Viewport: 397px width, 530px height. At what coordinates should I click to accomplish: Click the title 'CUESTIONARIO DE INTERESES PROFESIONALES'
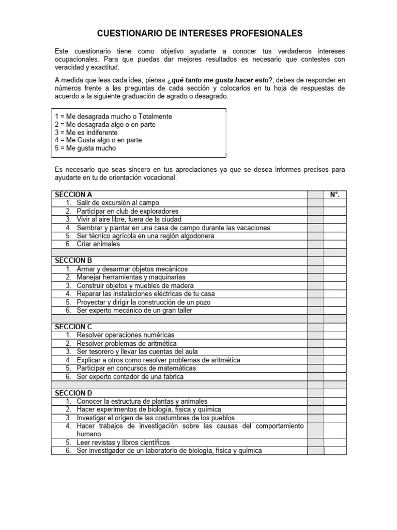[x=200, y=34]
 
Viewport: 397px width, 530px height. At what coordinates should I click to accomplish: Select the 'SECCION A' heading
[x=73, y=195]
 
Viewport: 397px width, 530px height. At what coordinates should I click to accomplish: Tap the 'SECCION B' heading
[x=73, y=261]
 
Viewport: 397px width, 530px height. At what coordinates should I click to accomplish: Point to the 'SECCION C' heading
[x=73, y=327]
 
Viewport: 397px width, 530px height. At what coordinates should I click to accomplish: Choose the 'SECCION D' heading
[x=73, y=393]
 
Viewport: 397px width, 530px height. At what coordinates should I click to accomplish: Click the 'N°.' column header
[x=334, y=195]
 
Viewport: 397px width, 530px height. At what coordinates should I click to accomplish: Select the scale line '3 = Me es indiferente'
[x=86, y=132]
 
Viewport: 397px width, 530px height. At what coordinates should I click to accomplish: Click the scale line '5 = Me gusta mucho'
[x=85, y=148]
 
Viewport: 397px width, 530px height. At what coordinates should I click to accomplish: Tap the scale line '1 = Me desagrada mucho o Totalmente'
[x=113, y=116]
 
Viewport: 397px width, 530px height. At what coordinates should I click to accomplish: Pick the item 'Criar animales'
[x=98, y=244]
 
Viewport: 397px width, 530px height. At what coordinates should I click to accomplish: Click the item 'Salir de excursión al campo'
[x=118, y=203]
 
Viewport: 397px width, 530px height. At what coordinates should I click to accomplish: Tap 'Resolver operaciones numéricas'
[x=126, y=335]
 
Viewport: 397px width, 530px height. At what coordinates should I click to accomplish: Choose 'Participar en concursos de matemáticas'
[x=136, y=368]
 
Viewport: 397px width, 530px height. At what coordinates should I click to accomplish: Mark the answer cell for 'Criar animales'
[x=334, y=244]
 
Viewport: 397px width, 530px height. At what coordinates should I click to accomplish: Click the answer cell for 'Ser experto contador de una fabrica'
[x=334, y=376]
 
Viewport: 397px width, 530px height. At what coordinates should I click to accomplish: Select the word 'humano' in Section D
[x=89, y=434]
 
